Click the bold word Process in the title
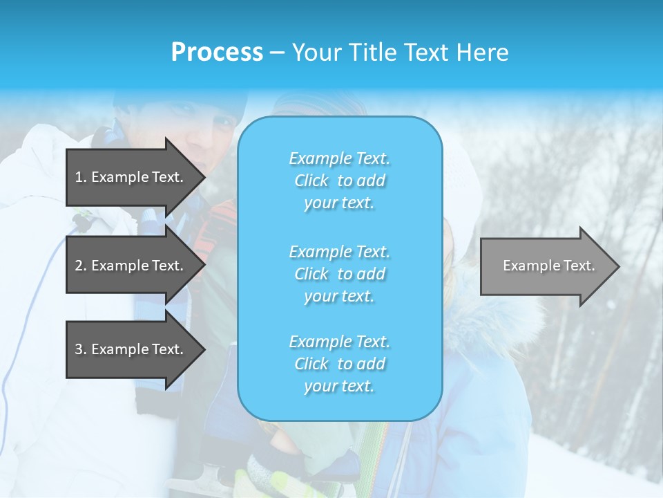pyautogui.click(x=217, y=52)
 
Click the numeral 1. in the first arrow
pyautogui.click(x=81, y=177)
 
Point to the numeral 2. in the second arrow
pyautogui.click(x=81, y=266)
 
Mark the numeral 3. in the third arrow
pyautogui.click(x=81, y=349)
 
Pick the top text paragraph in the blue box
pyautogui.click(x=339, y=181)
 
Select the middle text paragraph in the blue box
pyautogui.click(x=339, y=273)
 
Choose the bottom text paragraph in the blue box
pyautogui.click(x=339, y=364)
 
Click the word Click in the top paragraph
pyautogui.click(x=311, y=181)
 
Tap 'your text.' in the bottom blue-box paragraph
pyautogui.click(x=339, y=386)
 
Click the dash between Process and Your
pyautogui.click(x=277, y=53)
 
